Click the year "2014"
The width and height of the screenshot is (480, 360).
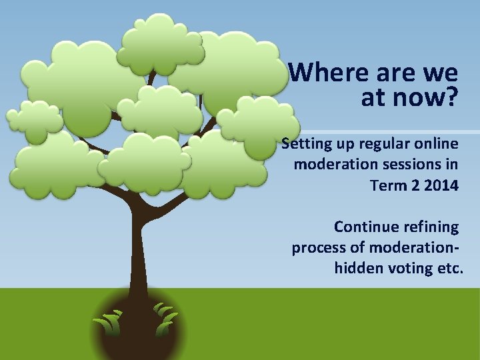click(x=441, y=185)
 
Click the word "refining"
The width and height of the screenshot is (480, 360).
click(x=433, y=227)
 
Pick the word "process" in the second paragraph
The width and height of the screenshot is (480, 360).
click(x=318, y=248)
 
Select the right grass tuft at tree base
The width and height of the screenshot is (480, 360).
click(x=164, y=320)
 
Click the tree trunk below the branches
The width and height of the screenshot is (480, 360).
click(x=139, y=253)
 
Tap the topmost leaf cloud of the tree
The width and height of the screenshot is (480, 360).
click(x=162, y=39)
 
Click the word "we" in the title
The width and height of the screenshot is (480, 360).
click(x=440, y=72)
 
